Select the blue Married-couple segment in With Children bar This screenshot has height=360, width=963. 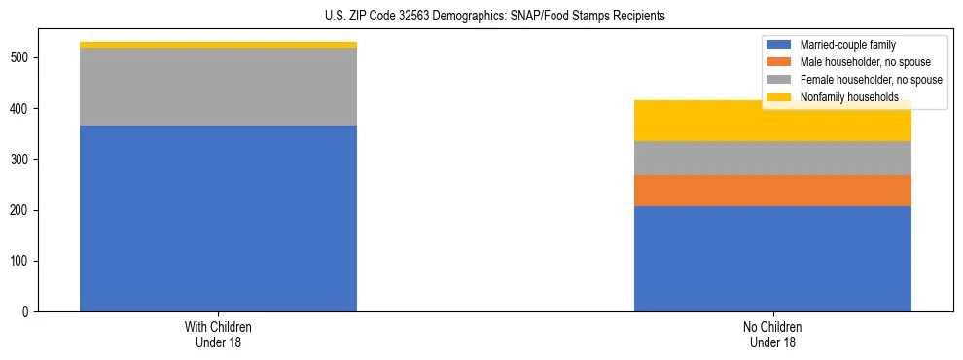218,218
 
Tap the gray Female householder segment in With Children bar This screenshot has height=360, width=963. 218,87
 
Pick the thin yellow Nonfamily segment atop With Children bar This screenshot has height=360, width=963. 218,45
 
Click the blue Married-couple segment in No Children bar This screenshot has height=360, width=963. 772,259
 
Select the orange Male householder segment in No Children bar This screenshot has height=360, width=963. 772,191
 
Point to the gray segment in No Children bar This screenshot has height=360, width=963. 772,158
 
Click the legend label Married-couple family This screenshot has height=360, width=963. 847,45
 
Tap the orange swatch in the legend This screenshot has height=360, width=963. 779,62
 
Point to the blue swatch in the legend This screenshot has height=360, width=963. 779,45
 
